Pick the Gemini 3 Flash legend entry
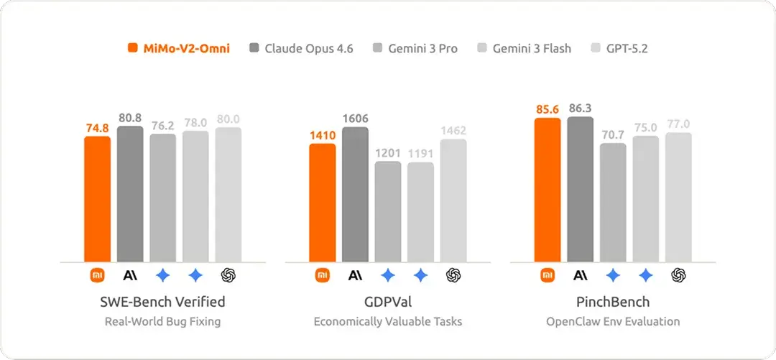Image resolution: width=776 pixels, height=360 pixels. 524,49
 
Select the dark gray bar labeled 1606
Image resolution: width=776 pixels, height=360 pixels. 355,194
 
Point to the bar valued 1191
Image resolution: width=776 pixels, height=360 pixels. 420,212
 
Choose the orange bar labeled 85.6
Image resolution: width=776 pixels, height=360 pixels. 548,190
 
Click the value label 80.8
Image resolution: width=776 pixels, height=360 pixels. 130,116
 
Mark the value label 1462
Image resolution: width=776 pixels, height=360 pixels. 453,130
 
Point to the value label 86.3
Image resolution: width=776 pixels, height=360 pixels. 580,108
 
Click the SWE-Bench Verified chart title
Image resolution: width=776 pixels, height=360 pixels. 162,301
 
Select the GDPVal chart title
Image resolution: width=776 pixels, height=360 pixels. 388,301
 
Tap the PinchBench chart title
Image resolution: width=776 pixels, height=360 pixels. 613,301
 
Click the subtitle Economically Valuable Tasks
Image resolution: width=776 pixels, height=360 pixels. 388,321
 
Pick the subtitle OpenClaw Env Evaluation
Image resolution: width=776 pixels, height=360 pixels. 613,321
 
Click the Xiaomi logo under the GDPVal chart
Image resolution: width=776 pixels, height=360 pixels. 323,274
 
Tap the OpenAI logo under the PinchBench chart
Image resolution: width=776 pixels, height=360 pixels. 678,274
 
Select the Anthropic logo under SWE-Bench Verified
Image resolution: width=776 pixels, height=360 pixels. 130,274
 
